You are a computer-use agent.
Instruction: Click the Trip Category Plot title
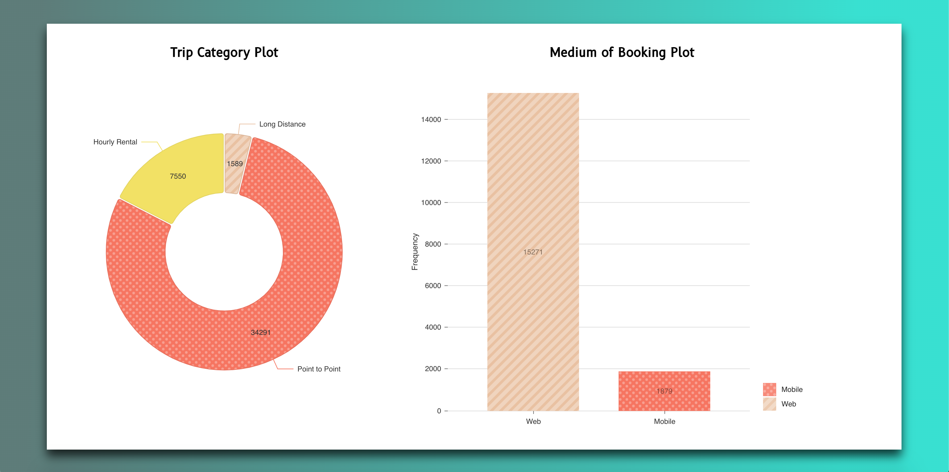224,52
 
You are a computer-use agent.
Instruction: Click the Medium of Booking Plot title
622,52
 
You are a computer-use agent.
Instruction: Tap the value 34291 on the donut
260,333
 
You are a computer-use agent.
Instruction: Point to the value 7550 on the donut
178,176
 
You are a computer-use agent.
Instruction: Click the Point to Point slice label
319,369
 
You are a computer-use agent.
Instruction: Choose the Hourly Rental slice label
115,142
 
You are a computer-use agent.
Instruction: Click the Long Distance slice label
282,124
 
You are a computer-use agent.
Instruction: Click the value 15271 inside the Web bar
533,252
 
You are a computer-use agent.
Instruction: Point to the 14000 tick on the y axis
431,119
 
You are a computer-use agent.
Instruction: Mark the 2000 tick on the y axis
433,369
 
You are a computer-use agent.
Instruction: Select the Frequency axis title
415,251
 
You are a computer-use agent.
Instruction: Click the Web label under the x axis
533,421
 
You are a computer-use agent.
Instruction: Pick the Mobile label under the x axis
664,421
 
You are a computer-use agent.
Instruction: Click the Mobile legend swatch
769,389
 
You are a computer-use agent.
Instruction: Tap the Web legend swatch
769,404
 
